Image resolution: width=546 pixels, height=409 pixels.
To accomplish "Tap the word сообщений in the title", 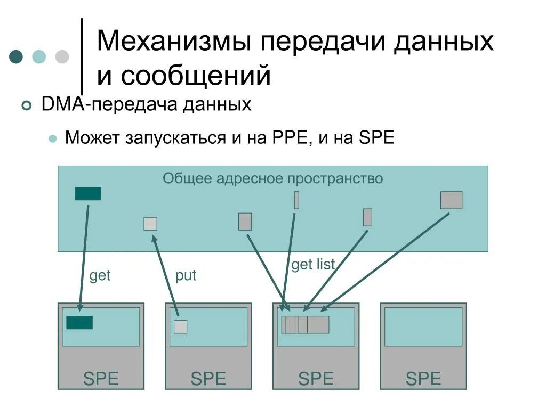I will click(x=196, y=75).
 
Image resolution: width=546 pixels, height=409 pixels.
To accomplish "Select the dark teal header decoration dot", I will click(x=17, y=57).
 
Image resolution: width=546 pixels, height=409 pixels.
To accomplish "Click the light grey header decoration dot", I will click(x=62, y=57).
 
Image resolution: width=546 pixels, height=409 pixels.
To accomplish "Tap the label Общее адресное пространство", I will click(x=272, y=178).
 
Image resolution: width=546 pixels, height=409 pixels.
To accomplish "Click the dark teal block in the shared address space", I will click(x=88, y=194).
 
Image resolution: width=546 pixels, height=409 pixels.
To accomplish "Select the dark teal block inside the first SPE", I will click(x=79, y=323).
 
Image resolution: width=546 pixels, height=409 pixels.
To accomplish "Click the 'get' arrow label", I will click(x=100, y=276).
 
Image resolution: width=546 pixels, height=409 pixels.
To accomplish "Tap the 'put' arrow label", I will click(x=186, y=276).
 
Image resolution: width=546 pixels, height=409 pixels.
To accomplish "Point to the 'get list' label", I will click(x=312, y=265).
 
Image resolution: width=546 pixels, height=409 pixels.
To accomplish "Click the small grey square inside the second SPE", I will click(x=181, y=326).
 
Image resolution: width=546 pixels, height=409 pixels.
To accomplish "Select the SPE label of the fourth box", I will click(x=423, y=379).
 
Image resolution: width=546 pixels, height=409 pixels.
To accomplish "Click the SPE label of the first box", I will click(x=101, y=379).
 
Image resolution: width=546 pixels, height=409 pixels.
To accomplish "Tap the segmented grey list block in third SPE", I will click(x=306, y=324).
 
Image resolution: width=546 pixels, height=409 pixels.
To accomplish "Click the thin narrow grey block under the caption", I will click(x=296, y=200).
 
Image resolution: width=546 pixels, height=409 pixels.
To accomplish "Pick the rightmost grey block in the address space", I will click(x=451, y=200).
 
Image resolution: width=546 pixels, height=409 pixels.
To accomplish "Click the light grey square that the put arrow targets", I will click(x=150, y=224).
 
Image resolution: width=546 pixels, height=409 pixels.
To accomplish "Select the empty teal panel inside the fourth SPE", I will click(x=423, y=326).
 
